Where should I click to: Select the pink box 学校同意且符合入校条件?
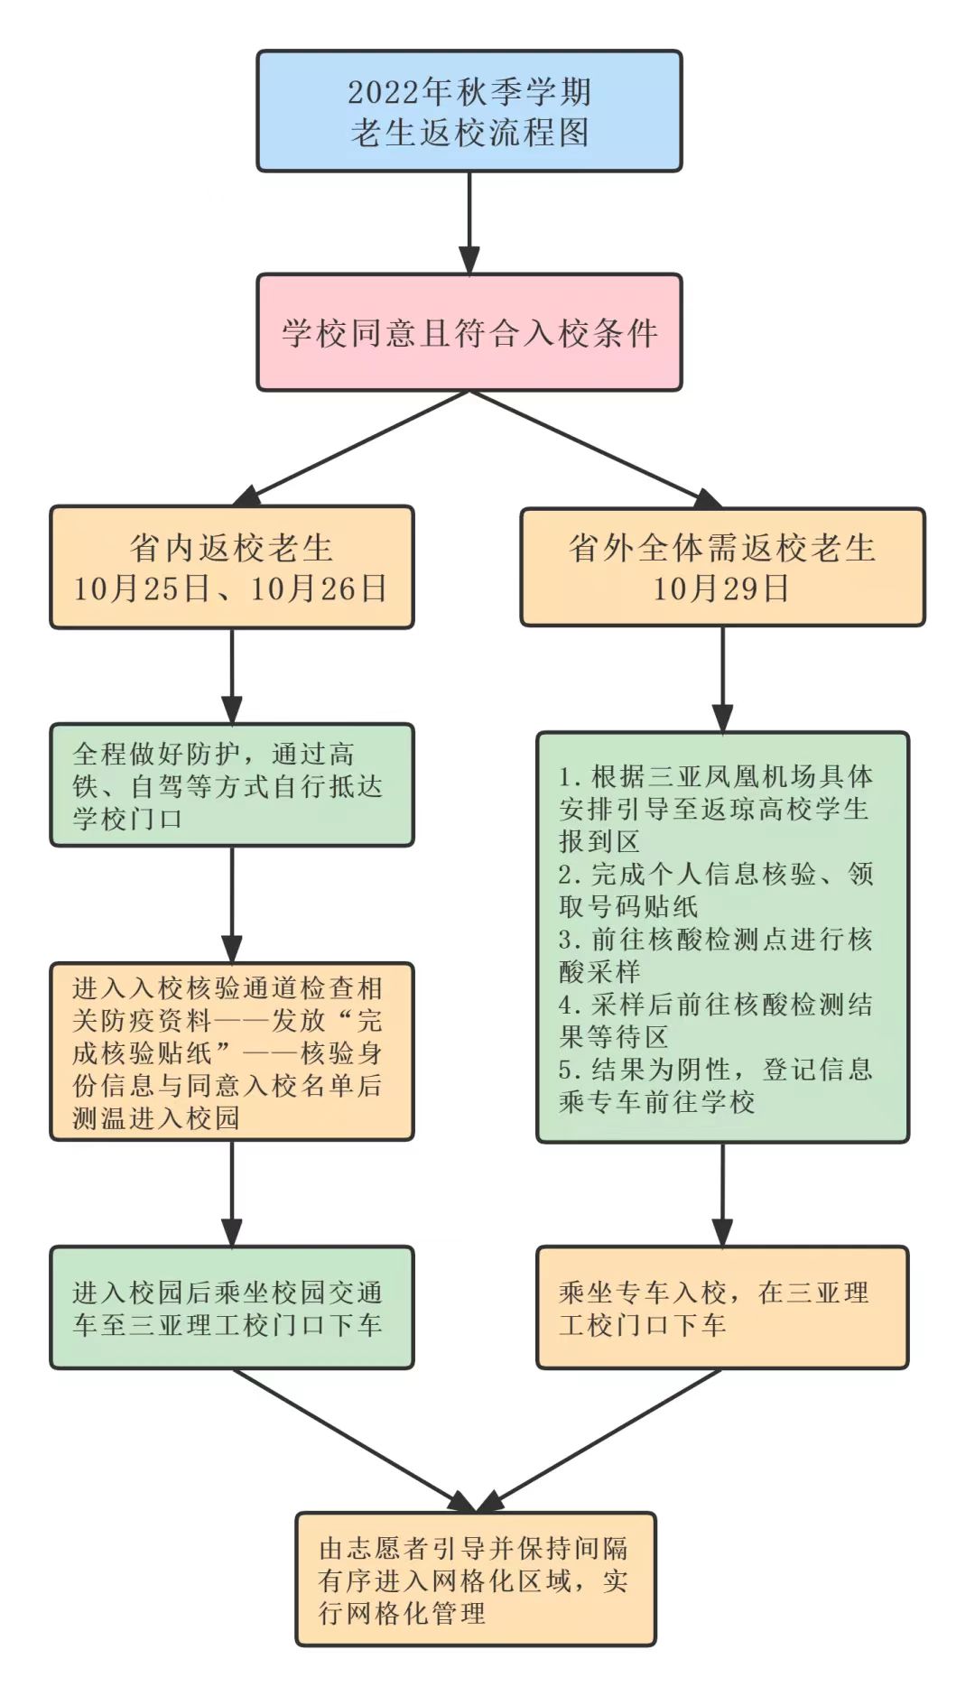click(x=469, y=333)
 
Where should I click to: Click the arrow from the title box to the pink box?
click(x=469, y=222)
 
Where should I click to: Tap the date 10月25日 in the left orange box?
click(x=141, y=589)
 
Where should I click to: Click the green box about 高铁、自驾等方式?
click(x=231, y=784)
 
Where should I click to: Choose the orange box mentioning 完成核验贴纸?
click(x=231, y=1052)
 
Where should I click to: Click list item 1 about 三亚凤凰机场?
click(x=715, y=808)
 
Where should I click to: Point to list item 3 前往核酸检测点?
click(x=715, y=955)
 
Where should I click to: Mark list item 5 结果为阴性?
click(x=715, y=1085)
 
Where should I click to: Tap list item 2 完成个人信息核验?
click(x=715, y=890)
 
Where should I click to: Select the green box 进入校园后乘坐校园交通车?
click(x=231, y=1308)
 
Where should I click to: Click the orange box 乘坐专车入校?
click(x=722, y=1308)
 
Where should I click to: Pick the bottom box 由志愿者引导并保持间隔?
click(x=476, y=1580)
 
